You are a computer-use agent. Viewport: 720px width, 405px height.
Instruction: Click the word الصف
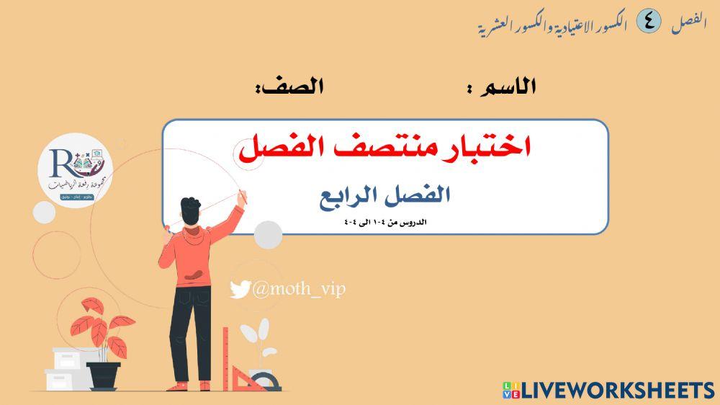[x=296, y=87]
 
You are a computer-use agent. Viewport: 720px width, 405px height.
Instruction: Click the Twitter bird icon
[x=240, y=290]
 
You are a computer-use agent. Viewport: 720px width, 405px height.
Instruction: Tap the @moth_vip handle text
[x=298, y=289]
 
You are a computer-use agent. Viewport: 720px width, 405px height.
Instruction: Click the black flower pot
[x=103, y=374]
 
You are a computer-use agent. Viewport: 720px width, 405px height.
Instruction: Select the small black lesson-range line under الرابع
[x=386, y=222]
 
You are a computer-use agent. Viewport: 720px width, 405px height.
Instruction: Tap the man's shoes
[x=191, y=386]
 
